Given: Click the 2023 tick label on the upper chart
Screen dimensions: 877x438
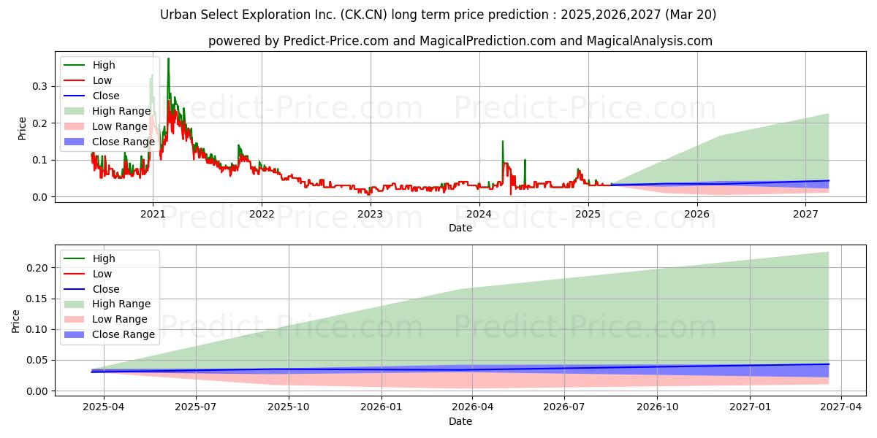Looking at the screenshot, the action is click(x=371, y=215).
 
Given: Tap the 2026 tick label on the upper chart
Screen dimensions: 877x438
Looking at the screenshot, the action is click(x=697, y=215).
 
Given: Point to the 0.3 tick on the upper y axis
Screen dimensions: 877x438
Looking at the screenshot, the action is click(x=39, y=86).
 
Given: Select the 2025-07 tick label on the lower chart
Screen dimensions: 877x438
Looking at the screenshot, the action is click(x=196, y=407).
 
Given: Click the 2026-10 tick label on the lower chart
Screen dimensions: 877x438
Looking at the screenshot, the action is click(x=657, y=407).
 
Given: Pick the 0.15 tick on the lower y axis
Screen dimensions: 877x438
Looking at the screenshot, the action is click(x=37, y=299).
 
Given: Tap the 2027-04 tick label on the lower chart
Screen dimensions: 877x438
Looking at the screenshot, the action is click(x=841, y=407).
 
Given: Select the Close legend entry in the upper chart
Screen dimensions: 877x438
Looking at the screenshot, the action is click(x=92, y=96).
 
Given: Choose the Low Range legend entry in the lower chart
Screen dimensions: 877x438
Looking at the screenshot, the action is click(x=106, y=319).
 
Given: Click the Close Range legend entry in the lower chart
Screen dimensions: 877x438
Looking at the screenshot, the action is click(x=110, y=335).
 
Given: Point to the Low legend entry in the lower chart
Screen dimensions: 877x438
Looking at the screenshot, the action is click(x=88, y=274).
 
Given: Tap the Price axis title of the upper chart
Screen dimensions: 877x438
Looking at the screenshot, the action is click(x=22, y=128).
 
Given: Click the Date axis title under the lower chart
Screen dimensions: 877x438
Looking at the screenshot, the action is click(x=460, y=421).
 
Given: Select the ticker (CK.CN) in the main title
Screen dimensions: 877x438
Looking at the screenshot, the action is click(x=364, y=15).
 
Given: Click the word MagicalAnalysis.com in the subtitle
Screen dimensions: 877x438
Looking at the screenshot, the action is click(x=650, y=41).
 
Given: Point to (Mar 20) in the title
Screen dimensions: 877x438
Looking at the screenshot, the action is click(x=691, y=15).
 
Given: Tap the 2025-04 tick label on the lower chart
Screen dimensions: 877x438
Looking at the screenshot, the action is click(x=103, y=407).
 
